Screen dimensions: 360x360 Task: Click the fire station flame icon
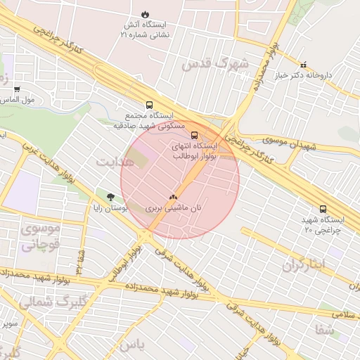pyautogui.click(x=145, y=13)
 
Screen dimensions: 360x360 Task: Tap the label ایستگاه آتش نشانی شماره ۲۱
pyautogui.click(x=146, y=29)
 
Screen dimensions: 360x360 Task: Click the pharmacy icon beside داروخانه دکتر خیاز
pyautogui.click(x=303, y=64)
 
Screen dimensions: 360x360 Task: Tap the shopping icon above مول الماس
pyautogui.click(x=17, y=89)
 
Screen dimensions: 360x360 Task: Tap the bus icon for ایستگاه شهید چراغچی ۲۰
pyautogui.click(x=323, y=209)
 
